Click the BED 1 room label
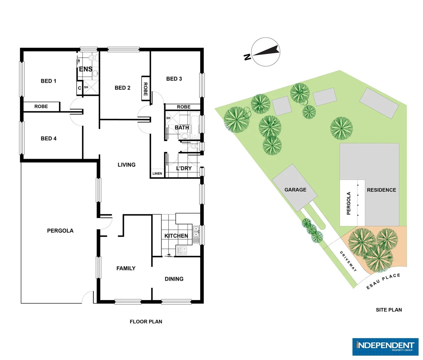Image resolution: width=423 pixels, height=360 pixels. (48, 81)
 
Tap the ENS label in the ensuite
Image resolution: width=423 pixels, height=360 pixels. (86, 69)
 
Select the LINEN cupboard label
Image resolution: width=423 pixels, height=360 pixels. (157, 173)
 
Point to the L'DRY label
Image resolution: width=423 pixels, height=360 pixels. (184, 168)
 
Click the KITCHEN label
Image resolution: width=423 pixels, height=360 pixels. (176, 236)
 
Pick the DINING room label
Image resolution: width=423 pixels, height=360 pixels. (174, 279)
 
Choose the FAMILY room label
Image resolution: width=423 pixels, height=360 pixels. (126, 268)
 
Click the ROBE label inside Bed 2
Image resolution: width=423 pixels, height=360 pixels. (145, 89)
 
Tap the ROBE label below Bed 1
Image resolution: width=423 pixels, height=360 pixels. (41, 106)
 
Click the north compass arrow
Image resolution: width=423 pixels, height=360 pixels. (266, 51)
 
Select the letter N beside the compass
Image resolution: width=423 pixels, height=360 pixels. (247, 57)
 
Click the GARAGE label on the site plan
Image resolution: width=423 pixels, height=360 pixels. (295, 190)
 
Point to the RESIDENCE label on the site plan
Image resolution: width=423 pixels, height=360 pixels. (381, 190)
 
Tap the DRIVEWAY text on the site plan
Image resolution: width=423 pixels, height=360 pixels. (348, 261)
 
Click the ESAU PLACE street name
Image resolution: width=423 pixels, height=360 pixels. (383, 281)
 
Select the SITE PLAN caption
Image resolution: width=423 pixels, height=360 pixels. (389, 310)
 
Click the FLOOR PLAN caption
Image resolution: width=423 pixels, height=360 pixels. (146, 322)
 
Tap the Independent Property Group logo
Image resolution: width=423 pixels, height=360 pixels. (385, 347)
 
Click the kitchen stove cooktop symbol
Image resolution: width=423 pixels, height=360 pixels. (182, 250)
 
